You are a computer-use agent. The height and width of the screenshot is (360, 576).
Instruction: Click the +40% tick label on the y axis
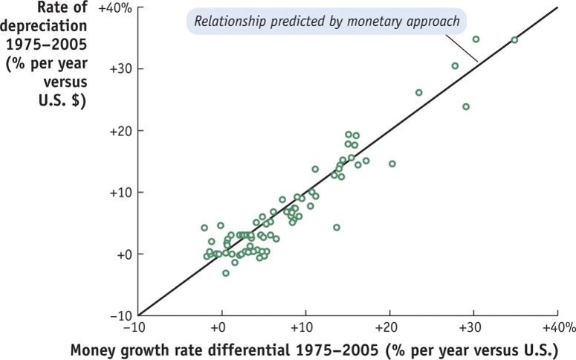click(x=115, y=8)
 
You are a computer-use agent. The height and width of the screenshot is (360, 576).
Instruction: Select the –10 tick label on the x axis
click(x=135, y=328)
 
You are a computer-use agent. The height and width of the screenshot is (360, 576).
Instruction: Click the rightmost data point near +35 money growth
click(x=514, y=40)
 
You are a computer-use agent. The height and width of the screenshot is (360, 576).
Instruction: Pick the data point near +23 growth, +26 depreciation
click(x=418, y=93)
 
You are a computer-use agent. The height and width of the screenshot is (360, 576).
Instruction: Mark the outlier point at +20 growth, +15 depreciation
click(x=392, y=164)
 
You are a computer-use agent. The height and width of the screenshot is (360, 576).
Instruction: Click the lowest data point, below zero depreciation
click(x=226, y=273)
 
